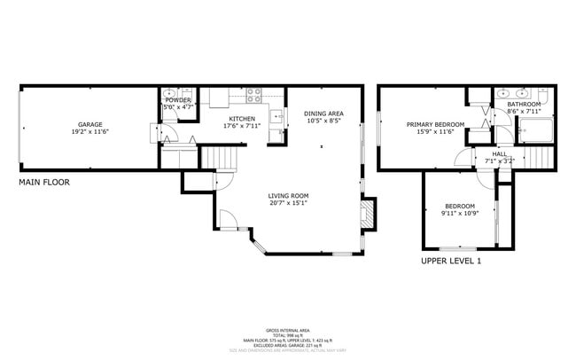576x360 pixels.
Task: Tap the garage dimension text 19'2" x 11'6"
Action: click(90, 132)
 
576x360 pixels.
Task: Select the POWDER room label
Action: click(177, 100)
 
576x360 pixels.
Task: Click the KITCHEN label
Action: click(242, 119)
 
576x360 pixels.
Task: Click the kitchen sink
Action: click(276, 115)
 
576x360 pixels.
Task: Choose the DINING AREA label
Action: click(323, 113)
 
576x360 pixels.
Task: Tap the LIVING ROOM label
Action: click(289, 196)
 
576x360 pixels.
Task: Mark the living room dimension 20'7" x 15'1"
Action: click(289, 203)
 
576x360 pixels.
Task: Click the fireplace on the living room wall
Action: click(368, 212)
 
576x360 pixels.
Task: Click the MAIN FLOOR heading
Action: click(44, 182)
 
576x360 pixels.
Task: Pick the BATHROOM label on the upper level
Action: click(523, 104)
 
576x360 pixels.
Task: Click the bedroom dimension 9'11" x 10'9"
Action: click(459, 214)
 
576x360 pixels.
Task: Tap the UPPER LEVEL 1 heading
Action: click(451, 262)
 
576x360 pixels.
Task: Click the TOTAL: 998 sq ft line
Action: click(288, 334)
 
